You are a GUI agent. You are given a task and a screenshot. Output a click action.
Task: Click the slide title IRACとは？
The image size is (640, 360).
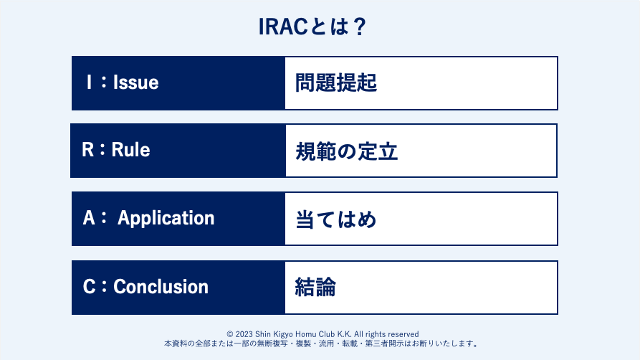[312, 27]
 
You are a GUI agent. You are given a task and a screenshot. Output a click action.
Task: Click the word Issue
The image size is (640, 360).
[136, 82]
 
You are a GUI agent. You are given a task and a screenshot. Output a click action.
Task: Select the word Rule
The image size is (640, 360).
[130, 150]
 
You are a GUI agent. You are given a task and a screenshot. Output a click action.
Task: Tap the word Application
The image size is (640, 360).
[166, 219]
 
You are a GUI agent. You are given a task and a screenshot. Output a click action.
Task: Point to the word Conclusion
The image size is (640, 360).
[161, 286]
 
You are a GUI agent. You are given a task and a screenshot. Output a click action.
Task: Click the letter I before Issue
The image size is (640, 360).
[89, 82]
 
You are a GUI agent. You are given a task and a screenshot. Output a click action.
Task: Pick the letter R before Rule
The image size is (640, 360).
[87, 150]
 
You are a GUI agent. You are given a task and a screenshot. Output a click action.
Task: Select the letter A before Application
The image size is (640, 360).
[89, 218]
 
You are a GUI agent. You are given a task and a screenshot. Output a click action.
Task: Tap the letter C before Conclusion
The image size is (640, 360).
[90, 286]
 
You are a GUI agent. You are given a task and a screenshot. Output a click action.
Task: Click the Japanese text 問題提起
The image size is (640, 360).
[336, 82]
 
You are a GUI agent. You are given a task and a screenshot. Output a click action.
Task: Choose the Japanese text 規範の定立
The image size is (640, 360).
[347, 151]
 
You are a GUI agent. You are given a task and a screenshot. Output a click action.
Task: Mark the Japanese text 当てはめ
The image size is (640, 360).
[335, 219]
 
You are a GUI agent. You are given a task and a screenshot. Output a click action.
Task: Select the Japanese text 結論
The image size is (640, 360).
[315, 287]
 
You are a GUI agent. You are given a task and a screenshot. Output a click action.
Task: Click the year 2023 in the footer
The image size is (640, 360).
[244, 334]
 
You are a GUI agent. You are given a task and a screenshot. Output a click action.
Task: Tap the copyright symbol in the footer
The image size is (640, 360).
[230, 334]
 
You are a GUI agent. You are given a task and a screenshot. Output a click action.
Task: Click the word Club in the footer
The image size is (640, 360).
[327, 334]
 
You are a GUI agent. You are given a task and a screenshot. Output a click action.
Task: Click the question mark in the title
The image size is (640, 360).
[360, 27]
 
